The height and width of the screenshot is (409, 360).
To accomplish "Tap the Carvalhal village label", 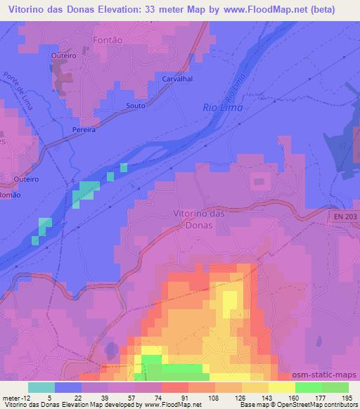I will pyautogui.click(x=178, y=79).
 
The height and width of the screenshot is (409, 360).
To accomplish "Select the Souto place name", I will pyautogui.click(x=135, y=105).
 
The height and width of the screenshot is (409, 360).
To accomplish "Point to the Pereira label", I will pyautogui.click(x=84, y=130).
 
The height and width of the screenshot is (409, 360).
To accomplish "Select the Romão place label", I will pyautogui.click(x=5, y=194).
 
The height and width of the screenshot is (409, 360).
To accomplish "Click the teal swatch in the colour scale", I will pyautogui.click(x=41, y=387).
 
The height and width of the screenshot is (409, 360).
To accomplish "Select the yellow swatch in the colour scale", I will pyautogui.click(x=282, y=387).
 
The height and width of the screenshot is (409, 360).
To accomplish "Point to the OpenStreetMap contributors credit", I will pyautogui.click(x=323, y=405).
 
